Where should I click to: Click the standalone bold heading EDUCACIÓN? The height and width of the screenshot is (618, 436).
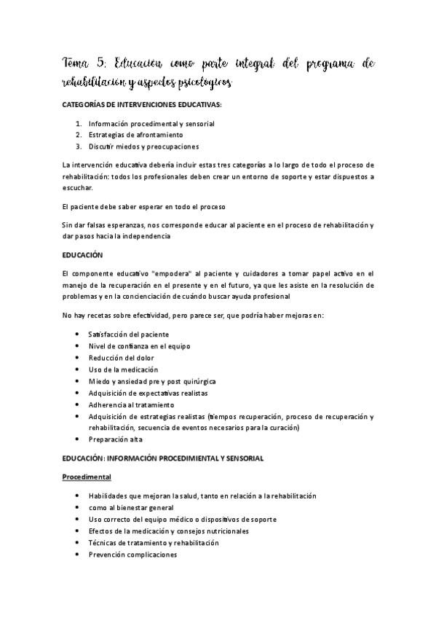[x=83, y=255]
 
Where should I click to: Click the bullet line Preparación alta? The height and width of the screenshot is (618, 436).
[x=115, y=439]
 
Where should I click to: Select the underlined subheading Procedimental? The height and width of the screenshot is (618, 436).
[x=86, y=477]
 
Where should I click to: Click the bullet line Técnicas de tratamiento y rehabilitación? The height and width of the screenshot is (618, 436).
[x=154, y=542]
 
